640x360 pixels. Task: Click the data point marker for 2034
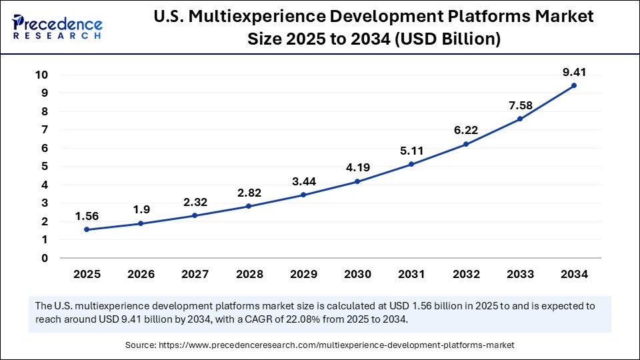pyautogui.click(x=573, y=85)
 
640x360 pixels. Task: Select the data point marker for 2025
pyautogui.click(x=87, y=230)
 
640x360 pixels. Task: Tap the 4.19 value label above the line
pyautogui.click(x=357, y=168)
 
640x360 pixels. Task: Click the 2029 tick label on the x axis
pyautogui.click(x=303, y=273)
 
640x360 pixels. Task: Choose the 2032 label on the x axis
pyautogui.click(x=465, y=273)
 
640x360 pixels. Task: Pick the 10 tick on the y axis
pyautogui.click(x=41, y=75)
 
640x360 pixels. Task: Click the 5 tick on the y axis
pyautogui.click(x=44, y=167)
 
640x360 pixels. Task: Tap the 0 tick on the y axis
pyautogui.click(x=44, y=258)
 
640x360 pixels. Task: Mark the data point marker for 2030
pyautogui.click(x=357, y=181)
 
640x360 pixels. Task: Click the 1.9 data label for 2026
pyautogui.click(x=141, y=210)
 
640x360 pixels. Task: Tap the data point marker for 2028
pyautogui.click(x=249, y=206)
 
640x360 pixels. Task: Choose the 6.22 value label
pyautogui.click(x=465, y=131)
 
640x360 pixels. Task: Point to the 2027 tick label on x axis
pyautogui.click(x=195, y=273)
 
